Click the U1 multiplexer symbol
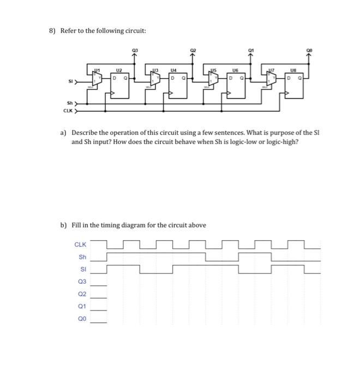[x=96, y=80]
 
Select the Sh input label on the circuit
[x=70, y=102]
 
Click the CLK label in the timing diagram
[x=80, y=244]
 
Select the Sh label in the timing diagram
[x=82, y=257]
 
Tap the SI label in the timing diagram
[x=83, y=269]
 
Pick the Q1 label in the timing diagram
[x=82, y=307]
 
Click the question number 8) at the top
[x=52, y=31]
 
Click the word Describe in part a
[x=85, y=133]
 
